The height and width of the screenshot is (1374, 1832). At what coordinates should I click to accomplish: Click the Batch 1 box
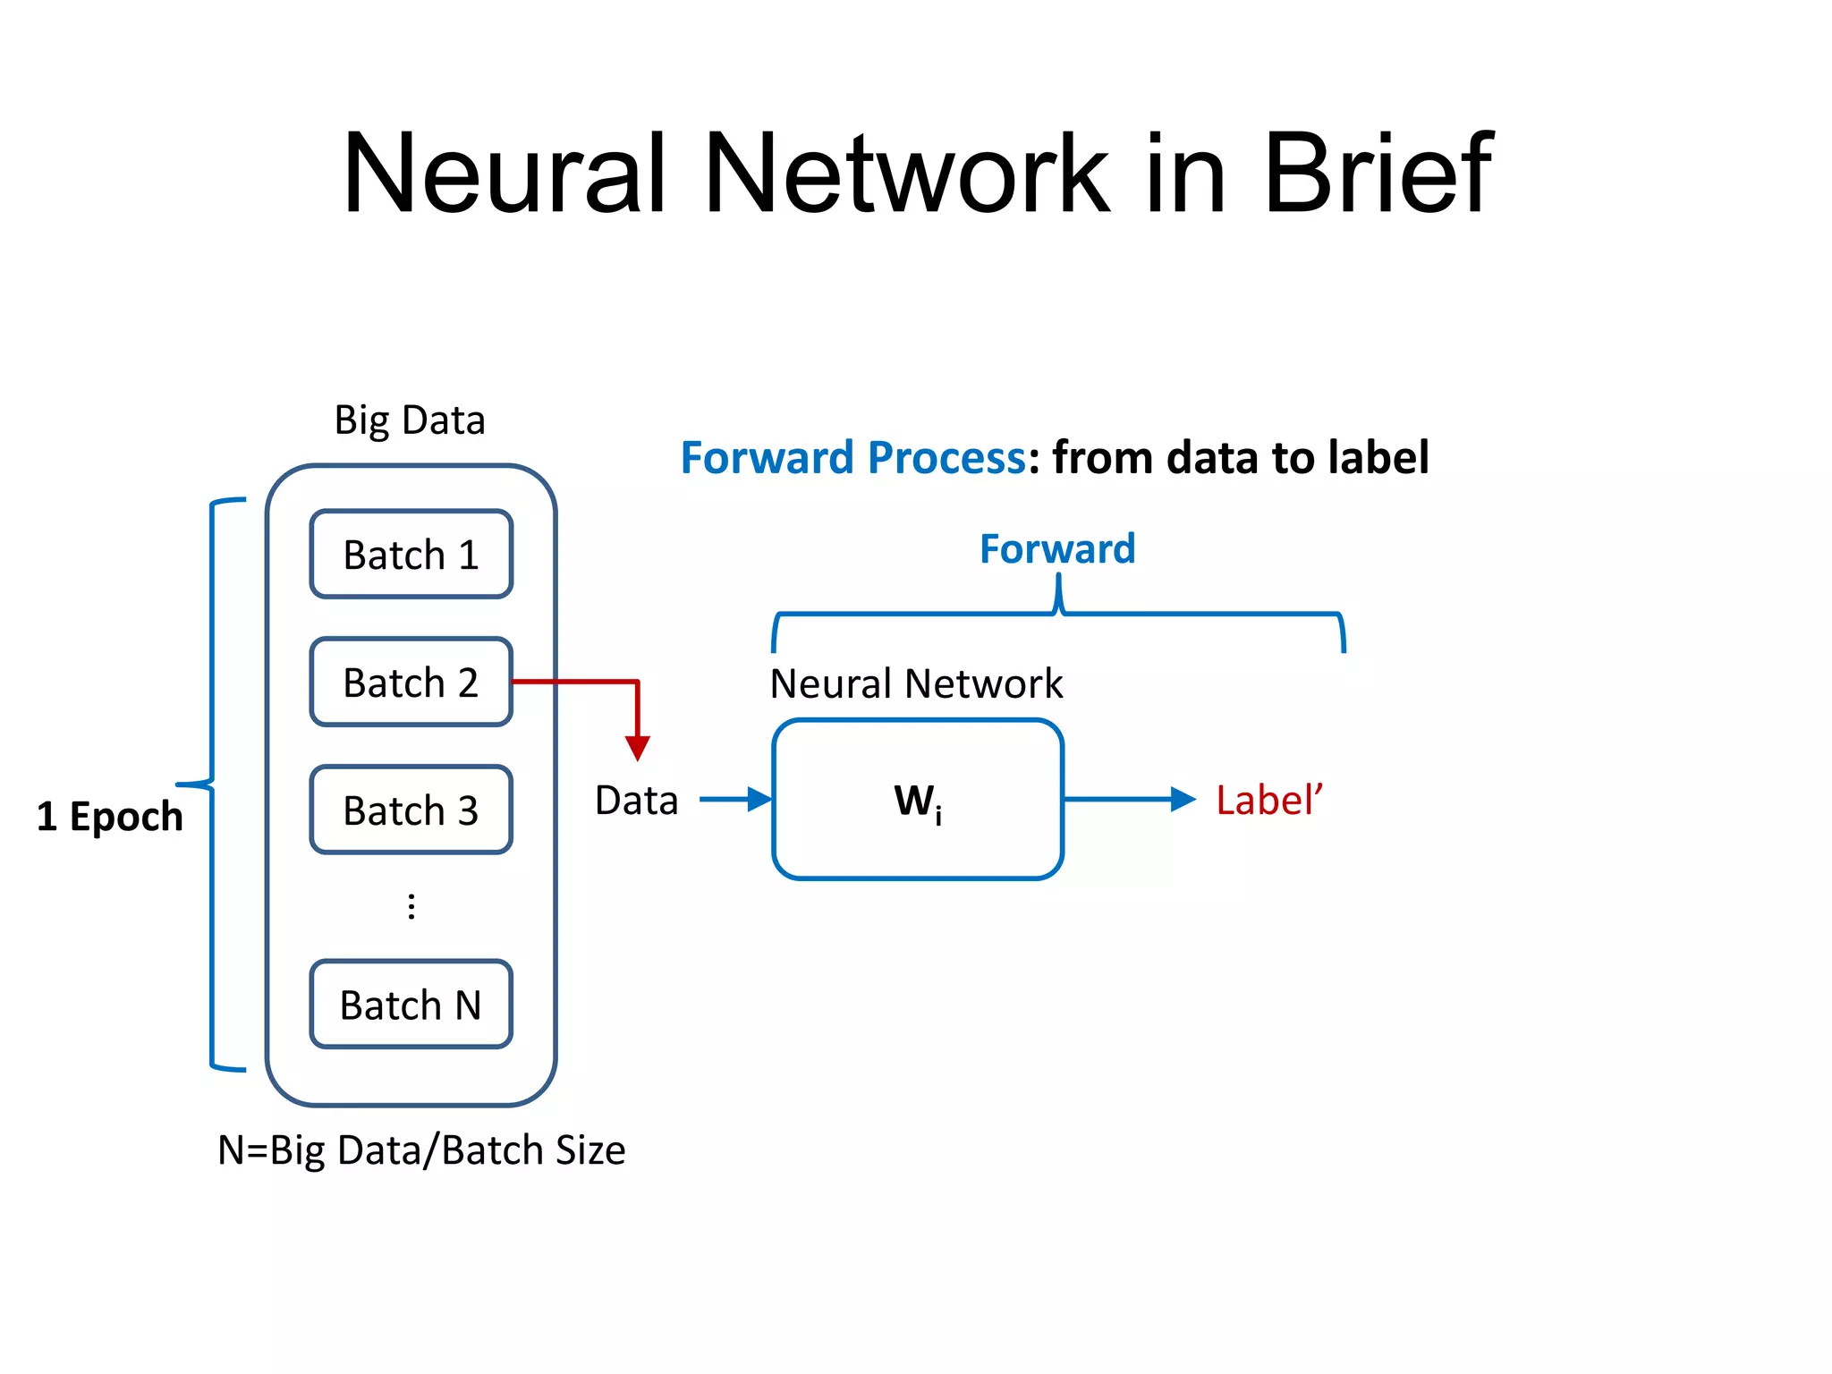click(x=411, y=555)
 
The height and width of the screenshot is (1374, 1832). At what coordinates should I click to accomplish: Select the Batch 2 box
click(x=411, y=683)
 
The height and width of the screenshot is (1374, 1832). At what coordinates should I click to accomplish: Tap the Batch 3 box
click(x=411, y=810)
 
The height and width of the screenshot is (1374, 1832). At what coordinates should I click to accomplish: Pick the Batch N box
click(x=411, y=1005)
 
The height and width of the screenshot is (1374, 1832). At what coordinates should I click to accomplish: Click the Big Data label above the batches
click(x=410, y=420)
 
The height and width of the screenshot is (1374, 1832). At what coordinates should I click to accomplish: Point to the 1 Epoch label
click(x=109, y=816)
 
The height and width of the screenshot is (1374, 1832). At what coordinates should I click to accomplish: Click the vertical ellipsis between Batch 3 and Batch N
click(x=411, y=907)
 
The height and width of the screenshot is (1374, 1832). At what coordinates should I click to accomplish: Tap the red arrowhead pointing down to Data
click(x=638, y=748)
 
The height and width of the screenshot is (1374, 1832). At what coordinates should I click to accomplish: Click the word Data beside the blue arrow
click(x=636, y=800)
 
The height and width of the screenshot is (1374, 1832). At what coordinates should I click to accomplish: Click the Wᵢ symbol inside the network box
click(x=918, y=801)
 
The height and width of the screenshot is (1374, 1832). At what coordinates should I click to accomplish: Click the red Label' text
click(x=1268, y=800)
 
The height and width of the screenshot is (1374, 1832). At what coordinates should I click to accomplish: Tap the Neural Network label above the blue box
click(x=916, y=683)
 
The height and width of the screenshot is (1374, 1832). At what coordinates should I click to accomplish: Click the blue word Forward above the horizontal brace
click(x=1057, y=548)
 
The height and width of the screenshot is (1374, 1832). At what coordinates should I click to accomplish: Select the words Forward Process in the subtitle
click(x=852, y=458)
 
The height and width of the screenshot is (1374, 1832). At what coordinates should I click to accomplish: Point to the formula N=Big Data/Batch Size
click(x=421, y=1150)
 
